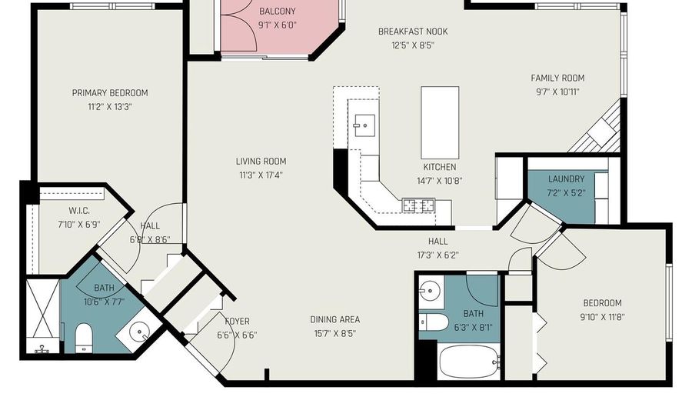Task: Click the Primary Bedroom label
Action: (x=110, y=93)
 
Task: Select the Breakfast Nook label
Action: (x=412, y=32)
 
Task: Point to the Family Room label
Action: (x=557, y=78)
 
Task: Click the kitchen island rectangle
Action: (x=440, y=122)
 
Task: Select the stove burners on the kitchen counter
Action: (x=419, y=205)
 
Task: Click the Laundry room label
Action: (x=566, y=179)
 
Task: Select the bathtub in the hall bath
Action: (x=470, y=361)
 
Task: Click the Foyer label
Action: (x=238, y=322)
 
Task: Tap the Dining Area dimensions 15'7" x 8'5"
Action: (x=334, y=333)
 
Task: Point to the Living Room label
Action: (x=261, y=162)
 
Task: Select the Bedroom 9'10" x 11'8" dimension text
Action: (x=601, y=316)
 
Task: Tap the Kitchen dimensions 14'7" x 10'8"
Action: (x=439, y=181)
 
